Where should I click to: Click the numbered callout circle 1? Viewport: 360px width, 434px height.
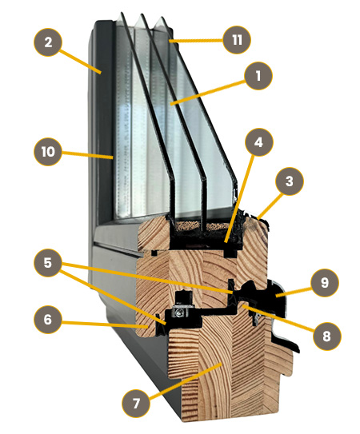tap(258, 76)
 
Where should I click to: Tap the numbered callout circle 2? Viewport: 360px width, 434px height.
tap(48, 42)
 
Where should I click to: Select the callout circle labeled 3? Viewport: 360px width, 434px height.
tap(290, 181)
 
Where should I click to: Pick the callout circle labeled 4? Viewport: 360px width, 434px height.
tap(259, 142)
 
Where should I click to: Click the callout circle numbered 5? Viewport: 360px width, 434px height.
tap(48, 262)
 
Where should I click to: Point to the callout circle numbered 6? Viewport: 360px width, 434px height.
tap(48, 320)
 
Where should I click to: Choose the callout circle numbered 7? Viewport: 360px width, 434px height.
tap(136, 404)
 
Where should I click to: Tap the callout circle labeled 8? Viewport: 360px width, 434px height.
tap(326, 336)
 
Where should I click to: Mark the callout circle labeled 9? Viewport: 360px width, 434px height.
tap(325, 283)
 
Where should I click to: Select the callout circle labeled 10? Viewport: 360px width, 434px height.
tap(48, 152)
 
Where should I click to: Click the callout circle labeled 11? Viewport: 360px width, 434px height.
tap(237, 40)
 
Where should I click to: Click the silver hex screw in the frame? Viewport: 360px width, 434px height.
tap(178, 313)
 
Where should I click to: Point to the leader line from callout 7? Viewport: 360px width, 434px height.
tap(185, 381)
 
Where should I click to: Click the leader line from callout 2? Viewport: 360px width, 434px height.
tap(80, 62)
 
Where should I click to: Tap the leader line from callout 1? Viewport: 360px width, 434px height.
tap(207, 93)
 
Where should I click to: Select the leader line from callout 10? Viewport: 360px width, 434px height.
tap(87, 155)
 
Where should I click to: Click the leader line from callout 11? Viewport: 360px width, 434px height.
tap(196, 41)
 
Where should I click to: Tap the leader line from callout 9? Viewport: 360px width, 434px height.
tap(294, 293)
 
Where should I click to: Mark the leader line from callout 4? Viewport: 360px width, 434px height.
tap(239, 199)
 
